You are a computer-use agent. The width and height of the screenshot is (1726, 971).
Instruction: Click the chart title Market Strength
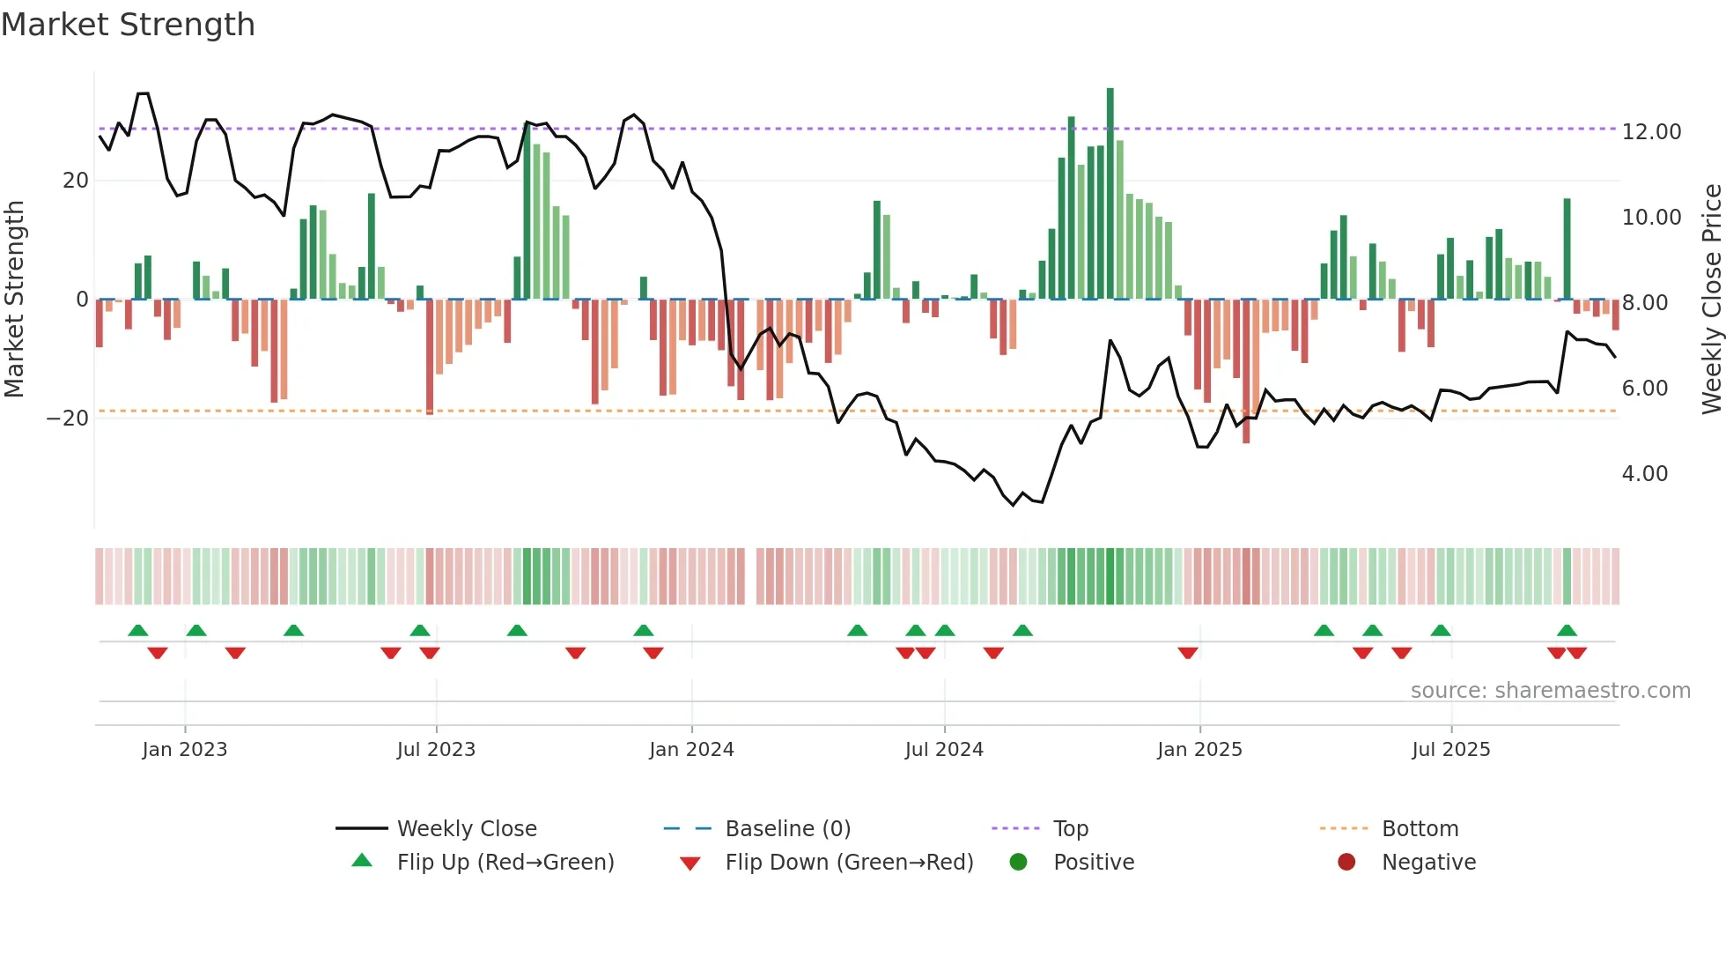(128, 25)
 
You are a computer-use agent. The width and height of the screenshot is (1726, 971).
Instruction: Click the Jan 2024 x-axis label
(691, 750)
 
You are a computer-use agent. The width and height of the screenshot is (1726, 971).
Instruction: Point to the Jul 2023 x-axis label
(436, 750)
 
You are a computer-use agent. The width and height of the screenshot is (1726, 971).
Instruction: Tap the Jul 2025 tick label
(1450, 750)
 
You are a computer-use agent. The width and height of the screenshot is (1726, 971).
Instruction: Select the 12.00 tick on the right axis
(1651, 132)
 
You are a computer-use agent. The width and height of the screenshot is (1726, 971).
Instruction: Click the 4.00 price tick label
(1644, 474)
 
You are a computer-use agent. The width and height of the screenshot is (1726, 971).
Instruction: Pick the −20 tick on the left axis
(68, 419)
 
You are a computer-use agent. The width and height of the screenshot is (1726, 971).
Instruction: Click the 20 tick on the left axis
(76, 181)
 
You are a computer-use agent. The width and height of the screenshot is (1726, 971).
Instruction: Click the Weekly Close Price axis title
(1711, 300)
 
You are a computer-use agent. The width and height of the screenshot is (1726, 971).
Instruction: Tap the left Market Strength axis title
(15, 300)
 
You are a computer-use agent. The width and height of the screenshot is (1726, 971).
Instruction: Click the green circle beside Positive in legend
(1018, 863)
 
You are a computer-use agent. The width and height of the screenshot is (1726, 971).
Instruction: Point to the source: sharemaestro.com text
(1550, 691)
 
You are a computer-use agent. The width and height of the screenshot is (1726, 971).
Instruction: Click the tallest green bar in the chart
(1110, 194)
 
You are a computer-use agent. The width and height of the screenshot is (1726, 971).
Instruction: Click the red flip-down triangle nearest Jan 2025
(1187, 653)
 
